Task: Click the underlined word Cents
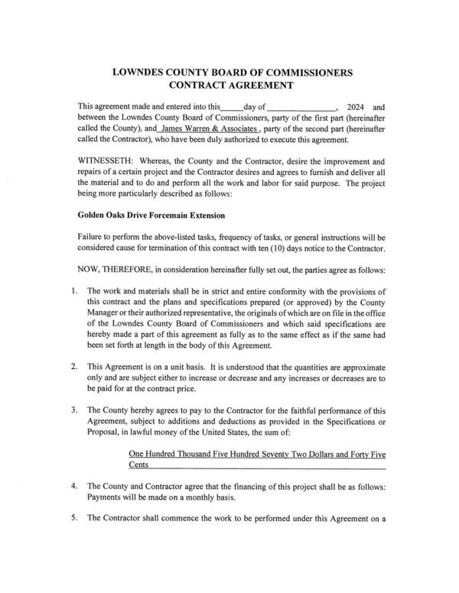pos(139,465)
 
